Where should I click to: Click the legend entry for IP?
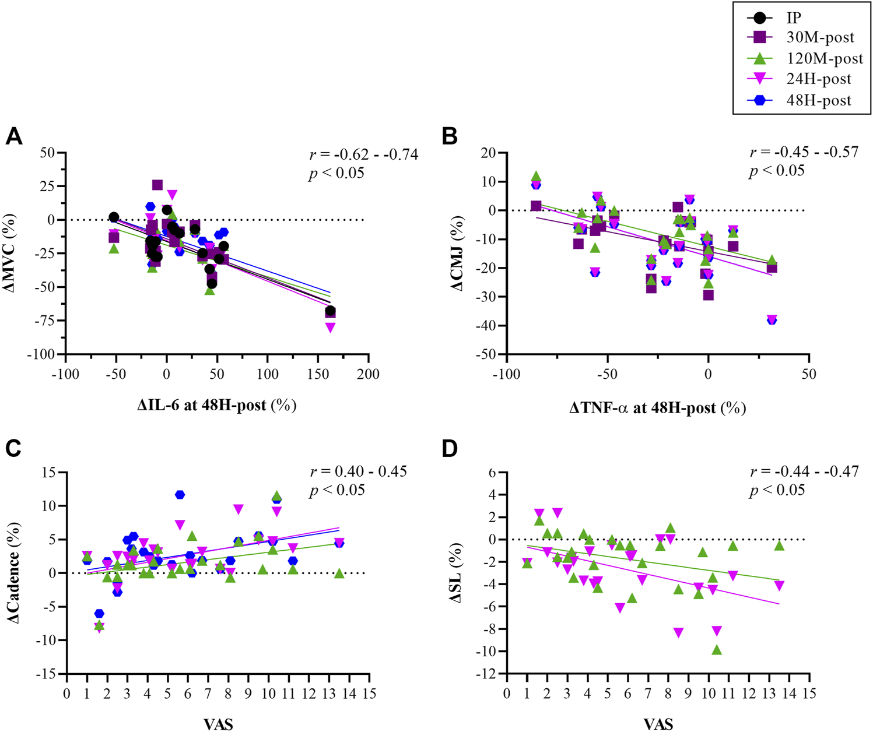793,18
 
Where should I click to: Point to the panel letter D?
449,449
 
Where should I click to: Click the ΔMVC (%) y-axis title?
14,254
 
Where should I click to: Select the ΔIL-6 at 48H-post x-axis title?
217,406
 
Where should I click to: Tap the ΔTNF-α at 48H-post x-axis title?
657,408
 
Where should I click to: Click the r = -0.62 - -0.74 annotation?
363,154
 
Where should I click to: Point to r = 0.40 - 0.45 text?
358,471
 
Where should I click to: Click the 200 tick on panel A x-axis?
368,374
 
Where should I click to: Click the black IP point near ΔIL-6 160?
331,311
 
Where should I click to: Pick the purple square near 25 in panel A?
157,185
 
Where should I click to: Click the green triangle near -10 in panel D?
717,650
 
